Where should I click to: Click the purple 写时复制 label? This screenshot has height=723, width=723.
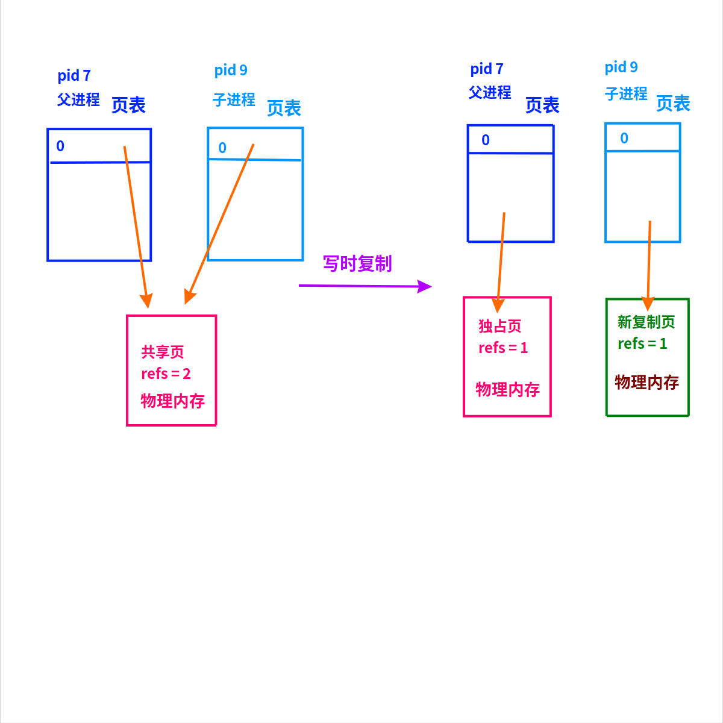point(357,263)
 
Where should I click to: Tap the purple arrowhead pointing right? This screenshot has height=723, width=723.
point(425,286)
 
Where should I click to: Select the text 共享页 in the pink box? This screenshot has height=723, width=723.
point(163,352)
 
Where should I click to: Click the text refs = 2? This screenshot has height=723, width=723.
point(166,374)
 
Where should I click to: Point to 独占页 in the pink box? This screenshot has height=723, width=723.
point(500,326)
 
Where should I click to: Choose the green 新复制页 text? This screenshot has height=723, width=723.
point(646,322)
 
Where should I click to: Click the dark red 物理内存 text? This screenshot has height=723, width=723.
point(646,382)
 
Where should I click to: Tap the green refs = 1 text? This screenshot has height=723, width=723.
point(642,343)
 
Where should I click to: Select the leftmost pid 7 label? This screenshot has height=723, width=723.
point(74,75)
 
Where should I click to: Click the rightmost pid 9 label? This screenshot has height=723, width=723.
point(621,67)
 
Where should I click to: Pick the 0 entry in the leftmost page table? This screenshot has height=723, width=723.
point(60,146)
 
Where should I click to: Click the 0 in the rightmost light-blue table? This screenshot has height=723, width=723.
point(624,138)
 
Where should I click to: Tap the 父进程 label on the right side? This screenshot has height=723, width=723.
point(490,92)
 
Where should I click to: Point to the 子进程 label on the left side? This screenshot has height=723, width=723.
point(234,99)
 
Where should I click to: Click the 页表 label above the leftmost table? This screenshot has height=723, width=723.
point(128,105)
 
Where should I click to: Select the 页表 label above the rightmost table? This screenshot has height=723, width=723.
point(673,103)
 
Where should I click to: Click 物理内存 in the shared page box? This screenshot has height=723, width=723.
point(173,401)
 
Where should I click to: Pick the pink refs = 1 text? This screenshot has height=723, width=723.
point(503,348)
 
